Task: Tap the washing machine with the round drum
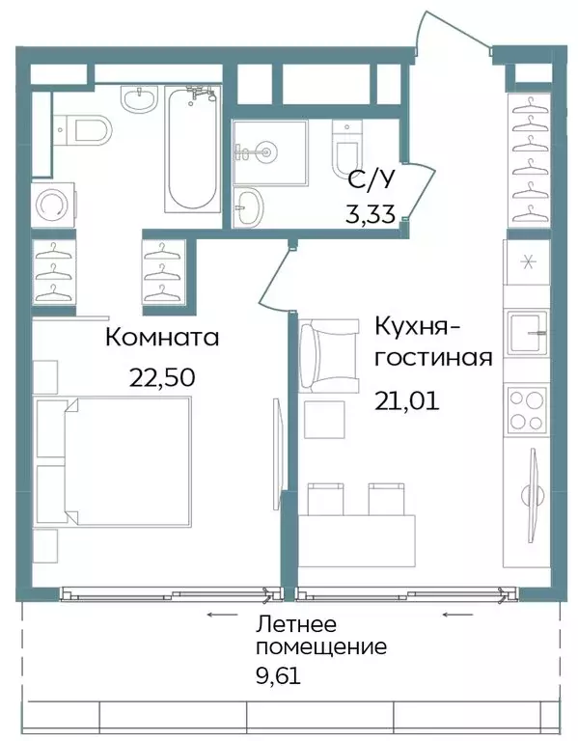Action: pos(49,205)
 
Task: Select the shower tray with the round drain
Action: pos(268,151)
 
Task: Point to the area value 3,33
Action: pos(371,213)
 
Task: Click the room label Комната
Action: pos(162,338)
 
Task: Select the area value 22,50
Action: pos(162,376)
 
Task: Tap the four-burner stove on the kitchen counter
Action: pos(526,409)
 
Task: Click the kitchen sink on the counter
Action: pos(526,334)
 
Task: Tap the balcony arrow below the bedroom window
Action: pos(222,613)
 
